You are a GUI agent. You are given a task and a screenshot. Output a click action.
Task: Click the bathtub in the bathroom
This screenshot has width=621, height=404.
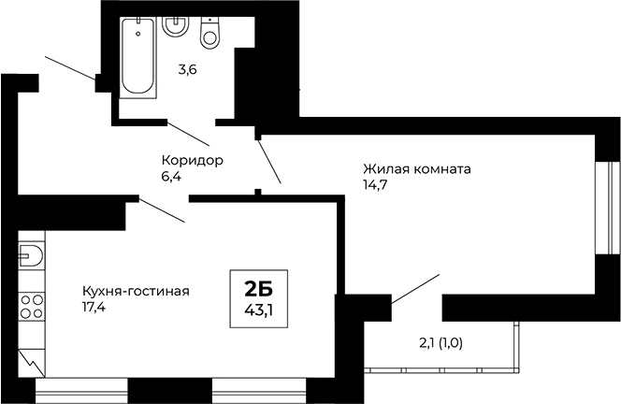[138, 56]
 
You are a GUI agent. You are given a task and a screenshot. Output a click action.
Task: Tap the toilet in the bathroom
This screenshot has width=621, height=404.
[209, 34]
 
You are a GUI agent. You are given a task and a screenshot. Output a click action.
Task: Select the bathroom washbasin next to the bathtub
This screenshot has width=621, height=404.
[175, 25]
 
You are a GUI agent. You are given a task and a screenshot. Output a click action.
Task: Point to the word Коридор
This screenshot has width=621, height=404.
[192, 160]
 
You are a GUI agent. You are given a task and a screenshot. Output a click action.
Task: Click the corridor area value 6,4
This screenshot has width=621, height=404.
[171, 176]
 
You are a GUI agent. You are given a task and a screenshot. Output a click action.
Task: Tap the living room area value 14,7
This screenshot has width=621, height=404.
[376, 186]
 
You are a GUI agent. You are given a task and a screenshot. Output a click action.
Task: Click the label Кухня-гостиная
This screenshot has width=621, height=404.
[136, 291]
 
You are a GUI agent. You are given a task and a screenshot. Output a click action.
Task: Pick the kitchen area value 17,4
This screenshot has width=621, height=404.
[94, 307]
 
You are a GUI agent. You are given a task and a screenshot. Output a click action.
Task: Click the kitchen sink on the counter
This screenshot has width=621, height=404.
[31, 253]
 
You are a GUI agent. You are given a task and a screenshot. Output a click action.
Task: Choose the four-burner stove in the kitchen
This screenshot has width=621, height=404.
[32, 303]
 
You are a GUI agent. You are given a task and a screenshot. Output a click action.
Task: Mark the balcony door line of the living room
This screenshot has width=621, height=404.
[415, 289]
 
